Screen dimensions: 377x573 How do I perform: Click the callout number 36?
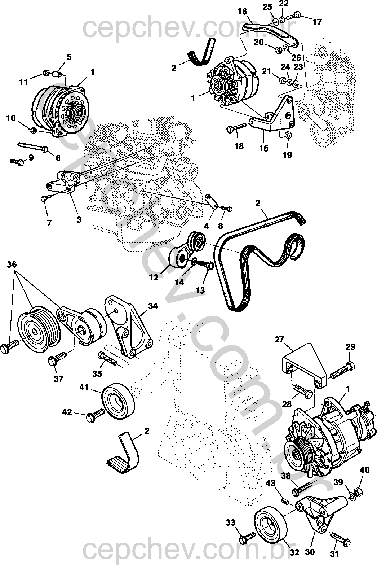[12, 264]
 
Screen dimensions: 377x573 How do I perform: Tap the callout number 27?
[279, 340]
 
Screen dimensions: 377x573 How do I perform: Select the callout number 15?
[264, 148]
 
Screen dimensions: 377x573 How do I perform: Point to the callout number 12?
[154, 277]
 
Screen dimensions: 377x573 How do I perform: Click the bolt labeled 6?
[33, 147]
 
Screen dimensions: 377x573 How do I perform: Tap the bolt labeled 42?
[96, 415]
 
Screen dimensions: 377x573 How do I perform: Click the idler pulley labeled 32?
[270, 522]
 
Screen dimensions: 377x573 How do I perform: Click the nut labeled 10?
[33, 131]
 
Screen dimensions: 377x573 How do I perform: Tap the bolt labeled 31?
[340, 538]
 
